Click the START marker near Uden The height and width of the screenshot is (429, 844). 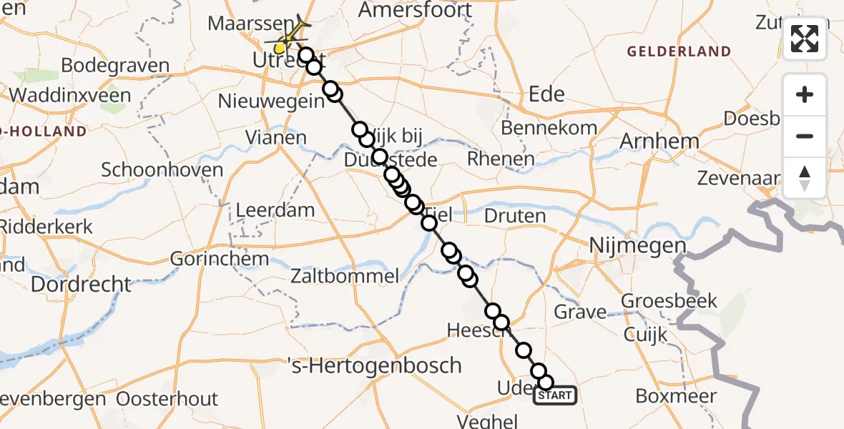click(x=555, y=395)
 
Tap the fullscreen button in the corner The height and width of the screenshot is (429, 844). click(x=805, y=39)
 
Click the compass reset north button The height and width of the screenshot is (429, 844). click(x=805, y=177)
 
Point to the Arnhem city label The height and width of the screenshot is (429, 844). click(x=659, y=141)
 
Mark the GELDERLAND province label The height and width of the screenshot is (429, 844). click(x=679, y=51)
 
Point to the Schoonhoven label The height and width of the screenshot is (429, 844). click(x=162, y=170)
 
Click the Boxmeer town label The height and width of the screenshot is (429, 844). click(x=676, y=395)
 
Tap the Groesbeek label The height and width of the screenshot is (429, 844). click(x=669, y=300)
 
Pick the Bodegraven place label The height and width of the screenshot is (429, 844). click(x=115, y=66)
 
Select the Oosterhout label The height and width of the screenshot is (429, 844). click(x=167, y=398)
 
